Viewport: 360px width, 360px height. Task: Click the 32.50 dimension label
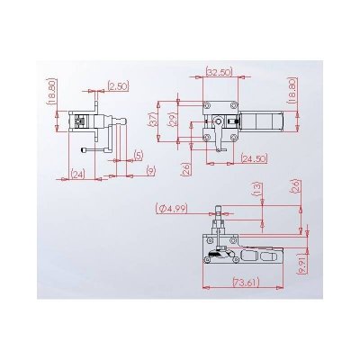[219, 71]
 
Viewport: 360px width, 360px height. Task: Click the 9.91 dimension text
[303, 262]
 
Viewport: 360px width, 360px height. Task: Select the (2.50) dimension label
[118, 85]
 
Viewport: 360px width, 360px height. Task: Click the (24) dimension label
[78, 174]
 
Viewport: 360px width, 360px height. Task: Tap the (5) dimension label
[139, 155]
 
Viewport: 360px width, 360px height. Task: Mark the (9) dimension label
[149, 169]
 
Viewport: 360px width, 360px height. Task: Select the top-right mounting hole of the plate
[232, 106]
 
